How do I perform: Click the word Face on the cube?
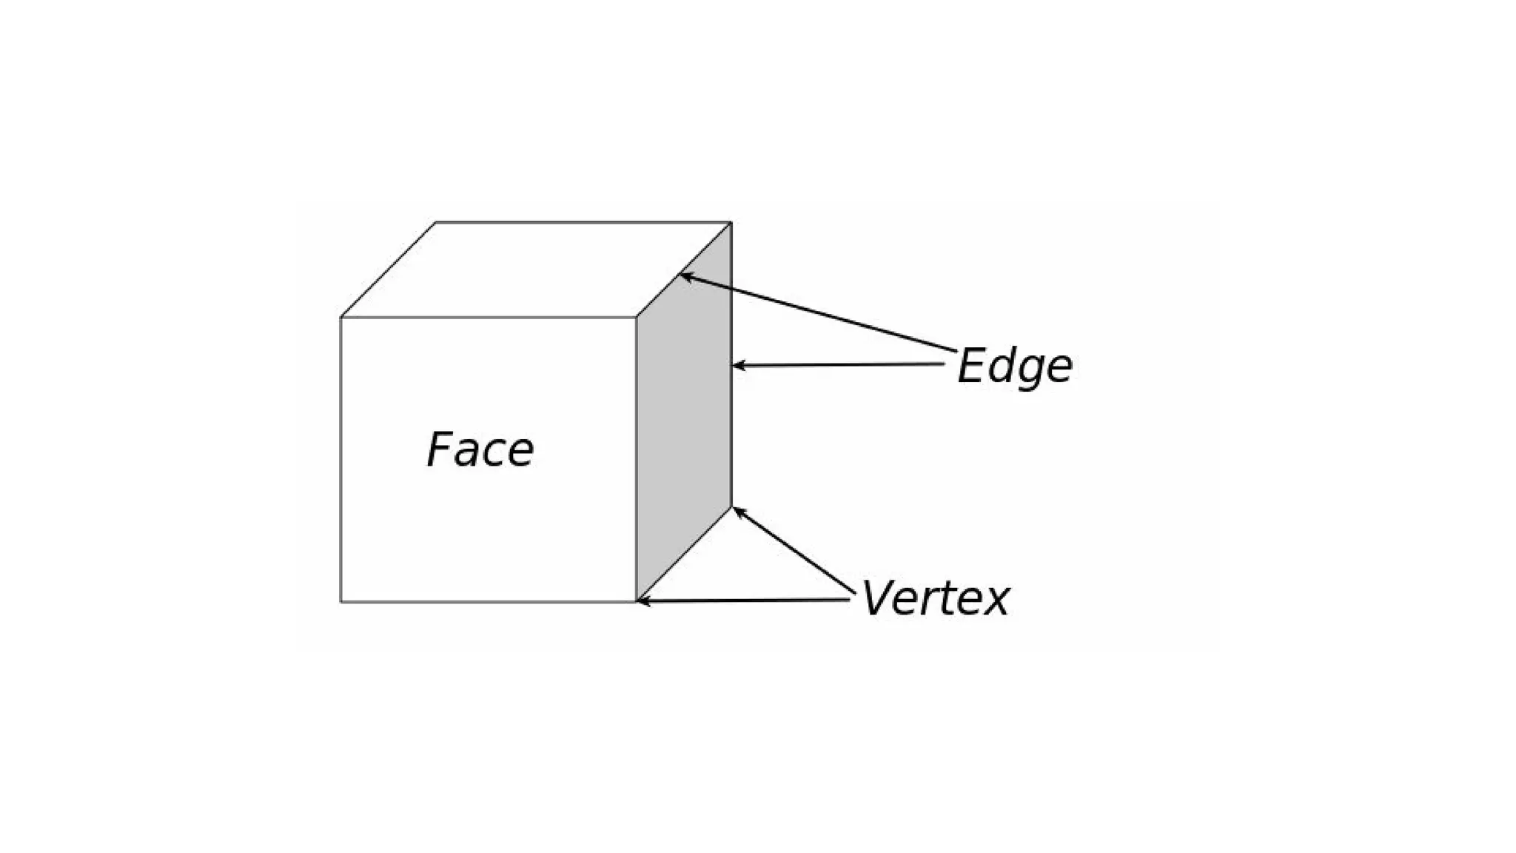[x=480, y=449]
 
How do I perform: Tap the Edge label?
[x=1014, y=367]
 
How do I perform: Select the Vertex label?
[x=935, y=598]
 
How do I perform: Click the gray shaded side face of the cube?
[x=684, y=415]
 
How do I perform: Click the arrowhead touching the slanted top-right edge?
[x=685, y=276]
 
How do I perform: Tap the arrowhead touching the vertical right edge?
[x=737, y=365]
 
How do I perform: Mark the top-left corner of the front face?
[x=341, y=318]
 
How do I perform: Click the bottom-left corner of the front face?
[x=341, y=602]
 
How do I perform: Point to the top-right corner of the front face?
[x=637, y=318]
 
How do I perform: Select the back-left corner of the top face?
[x=435, y=222]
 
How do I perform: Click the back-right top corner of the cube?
[x=731, y=222]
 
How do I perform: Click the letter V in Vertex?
[x=879, y=598]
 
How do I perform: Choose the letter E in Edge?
[x=973, y=366]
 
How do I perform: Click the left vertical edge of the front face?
[x=341, y=459]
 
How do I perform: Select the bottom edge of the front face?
[x=489, y=602]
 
